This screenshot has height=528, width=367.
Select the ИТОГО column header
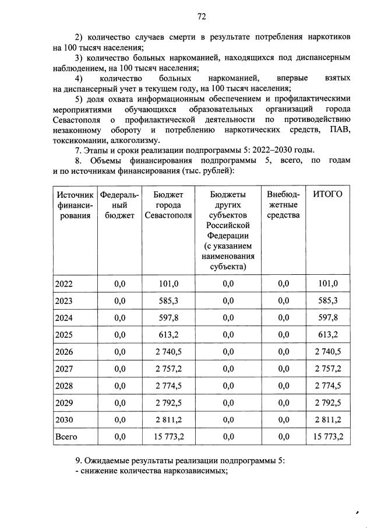[x=327, y=194]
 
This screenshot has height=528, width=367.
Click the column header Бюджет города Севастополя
[x=168, y=205]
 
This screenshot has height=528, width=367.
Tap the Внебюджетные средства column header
[x=283, y=205]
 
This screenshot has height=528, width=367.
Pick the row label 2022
[x=64, y=284]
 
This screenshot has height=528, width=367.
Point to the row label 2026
[x=64, y=352]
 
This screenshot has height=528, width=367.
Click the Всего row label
[x=66, y=436]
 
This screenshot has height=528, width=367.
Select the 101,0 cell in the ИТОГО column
[x=327, y=284]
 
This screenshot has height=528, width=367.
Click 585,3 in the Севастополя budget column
[x=168, y=301]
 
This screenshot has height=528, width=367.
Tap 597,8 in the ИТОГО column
[x=327, y=318]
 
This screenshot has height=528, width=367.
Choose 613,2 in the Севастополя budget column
[x=168, y=335]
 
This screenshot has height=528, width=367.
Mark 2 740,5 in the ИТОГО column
[x=327, y=352]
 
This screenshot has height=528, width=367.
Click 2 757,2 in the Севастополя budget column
[x=168, y=369]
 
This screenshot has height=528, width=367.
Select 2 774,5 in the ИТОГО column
[x=327, y=386]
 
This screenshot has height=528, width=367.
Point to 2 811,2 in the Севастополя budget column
[x=168, y=419]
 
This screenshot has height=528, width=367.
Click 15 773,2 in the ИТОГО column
[x=327, y=436]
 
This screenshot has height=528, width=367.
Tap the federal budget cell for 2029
[x=120, y=403]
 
